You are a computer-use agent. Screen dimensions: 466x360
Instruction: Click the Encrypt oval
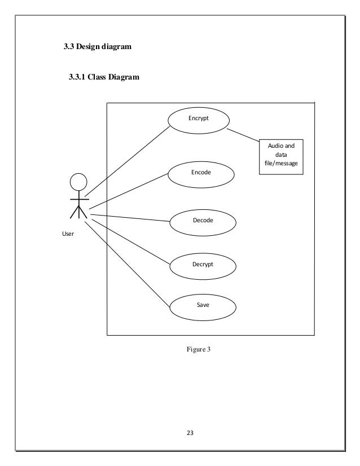coord(199,120)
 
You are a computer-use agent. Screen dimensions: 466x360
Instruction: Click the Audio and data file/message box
coord(281,156)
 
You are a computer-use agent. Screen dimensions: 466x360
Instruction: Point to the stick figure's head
coord(78,182)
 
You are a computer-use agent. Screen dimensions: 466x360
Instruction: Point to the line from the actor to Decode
coord(130,218)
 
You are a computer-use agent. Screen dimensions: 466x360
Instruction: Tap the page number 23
coord(190,433)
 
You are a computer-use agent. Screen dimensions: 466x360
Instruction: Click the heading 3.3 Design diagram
coord(97,47)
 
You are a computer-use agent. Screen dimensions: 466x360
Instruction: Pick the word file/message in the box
coord(281,164)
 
